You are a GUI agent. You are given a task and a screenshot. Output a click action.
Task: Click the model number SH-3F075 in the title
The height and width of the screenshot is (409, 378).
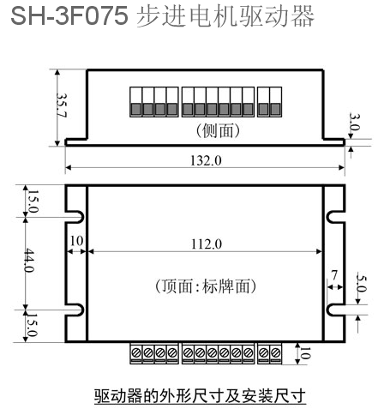click(x=69, y=16)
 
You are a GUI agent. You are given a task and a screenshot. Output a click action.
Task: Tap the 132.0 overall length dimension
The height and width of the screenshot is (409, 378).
click(x=206, y=160)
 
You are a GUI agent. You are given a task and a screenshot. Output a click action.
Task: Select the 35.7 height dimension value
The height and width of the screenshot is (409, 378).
click(x=61, y=105)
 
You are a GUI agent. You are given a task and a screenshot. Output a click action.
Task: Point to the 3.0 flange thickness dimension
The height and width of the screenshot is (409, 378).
click(x=354, y=122)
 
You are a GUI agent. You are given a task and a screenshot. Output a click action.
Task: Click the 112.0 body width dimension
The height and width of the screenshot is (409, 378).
click(x=207, y=244)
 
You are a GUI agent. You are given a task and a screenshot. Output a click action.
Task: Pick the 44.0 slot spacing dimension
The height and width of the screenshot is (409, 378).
click(x=29, y=261)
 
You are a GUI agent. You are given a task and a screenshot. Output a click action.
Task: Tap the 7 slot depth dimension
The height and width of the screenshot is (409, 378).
click(x=334, y=275)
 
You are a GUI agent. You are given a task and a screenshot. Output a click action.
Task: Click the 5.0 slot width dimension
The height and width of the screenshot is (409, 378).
click(x=361, y=283)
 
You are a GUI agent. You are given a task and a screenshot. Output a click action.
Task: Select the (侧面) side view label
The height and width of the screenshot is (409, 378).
click(x=218, y=130)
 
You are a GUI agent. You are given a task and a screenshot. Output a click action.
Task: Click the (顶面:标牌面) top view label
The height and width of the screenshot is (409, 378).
click(x=206, y=286)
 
